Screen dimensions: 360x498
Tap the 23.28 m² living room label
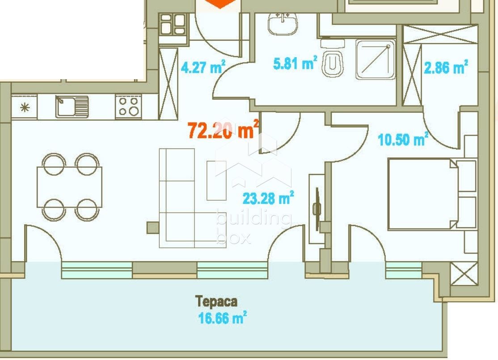[x=268, y=198]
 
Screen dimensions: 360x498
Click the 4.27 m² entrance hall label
[x=203, y=68]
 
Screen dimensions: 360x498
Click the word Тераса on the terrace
[x=216, y=301]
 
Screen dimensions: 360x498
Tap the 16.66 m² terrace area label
[x=222, y=319]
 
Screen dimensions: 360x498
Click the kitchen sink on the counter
[x=72, y=107]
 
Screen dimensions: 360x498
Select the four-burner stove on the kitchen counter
[x=128, y=107]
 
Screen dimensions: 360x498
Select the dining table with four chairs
[x=70, y=187]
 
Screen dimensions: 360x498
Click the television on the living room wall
[x=317, y=208]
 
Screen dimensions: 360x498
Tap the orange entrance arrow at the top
[x=222, y=4]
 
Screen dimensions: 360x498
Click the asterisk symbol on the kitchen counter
[x=24, y=107]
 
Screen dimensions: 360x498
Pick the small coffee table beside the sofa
[x=217, y=180]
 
